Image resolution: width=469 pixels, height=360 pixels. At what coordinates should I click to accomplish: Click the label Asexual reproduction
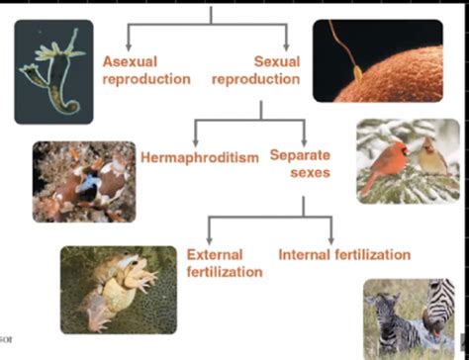pos(146,70)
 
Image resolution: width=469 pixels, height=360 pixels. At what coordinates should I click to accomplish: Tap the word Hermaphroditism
pos(199,157)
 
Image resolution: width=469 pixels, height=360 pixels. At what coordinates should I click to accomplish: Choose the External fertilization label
pos(225,263)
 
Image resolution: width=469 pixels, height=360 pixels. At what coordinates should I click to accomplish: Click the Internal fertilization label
pos(344,255)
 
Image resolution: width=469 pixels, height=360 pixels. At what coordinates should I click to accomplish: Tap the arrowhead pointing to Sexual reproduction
pos(287,45)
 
